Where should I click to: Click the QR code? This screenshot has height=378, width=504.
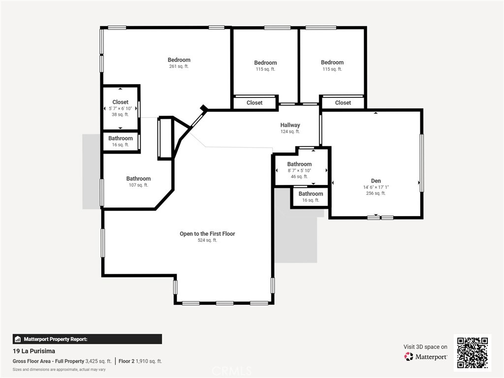(x=472, y=352)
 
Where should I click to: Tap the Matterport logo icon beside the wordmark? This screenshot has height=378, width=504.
(x=409, y=356)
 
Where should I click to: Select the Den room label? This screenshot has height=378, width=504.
(x=376, y=181)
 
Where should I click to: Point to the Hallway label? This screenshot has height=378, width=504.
(x=290, y=125)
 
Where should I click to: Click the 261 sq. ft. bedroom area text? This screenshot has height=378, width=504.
(x=179, y=66)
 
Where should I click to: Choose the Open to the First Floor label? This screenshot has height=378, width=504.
(x=207, y=234)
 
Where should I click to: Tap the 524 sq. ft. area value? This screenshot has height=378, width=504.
(x=207, y=240)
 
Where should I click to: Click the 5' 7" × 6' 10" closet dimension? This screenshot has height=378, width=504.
(x=120, y=108)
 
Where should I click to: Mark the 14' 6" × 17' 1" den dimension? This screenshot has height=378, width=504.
(x=376, y=187)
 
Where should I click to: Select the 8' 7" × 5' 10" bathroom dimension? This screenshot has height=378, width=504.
(x=299, y=170)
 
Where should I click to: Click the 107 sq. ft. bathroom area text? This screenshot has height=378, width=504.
(x=138, y=185)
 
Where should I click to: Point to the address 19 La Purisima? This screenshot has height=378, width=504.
(x=34, y=351)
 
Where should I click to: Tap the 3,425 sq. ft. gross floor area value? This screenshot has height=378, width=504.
(x=98, y=361)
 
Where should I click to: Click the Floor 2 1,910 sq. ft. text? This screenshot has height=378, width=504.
(x=140, y=361)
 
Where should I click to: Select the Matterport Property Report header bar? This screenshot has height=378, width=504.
(x=87, y=339)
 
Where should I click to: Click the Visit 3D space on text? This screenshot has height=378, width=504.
(x=425, y=347)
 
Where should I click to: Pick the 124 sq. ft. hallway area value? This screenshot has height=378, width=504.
(x=290, y=131)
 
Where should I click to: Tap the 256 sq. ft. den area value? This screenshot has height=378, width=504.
(x=376, y=193)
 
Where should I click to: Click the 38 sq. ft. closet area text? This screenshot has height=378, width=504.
(x=120, y=114)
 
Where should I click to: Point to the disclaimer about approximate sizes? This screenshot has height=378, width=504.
(x=59, y=370)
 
